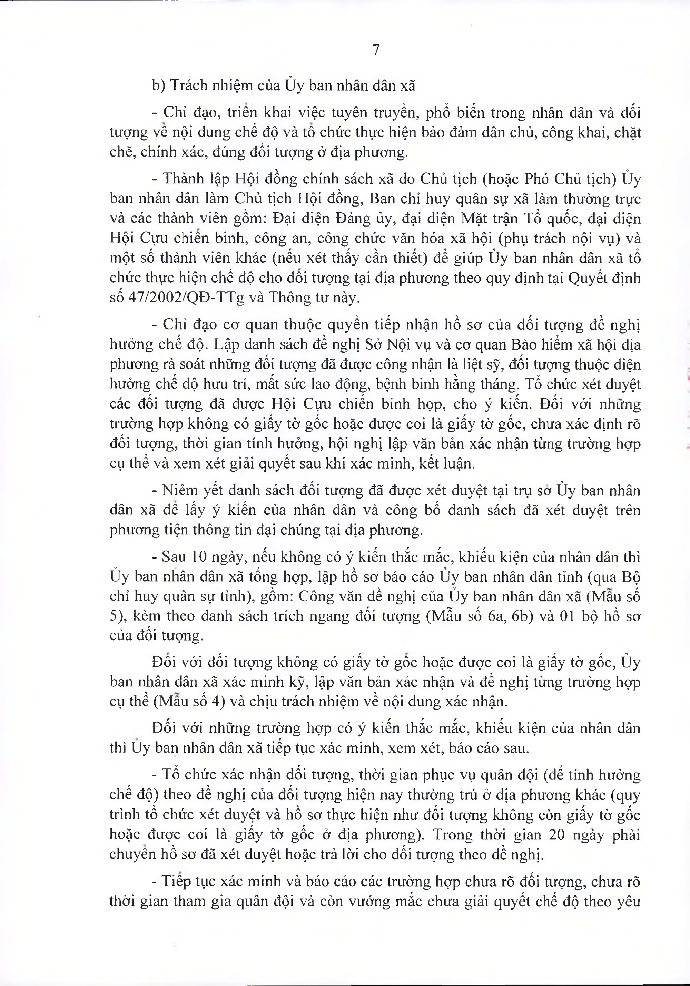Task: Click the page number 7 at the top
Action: coord(376,51)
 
